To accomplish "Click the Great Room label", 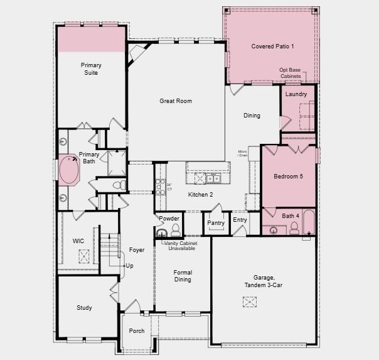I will [176, 101].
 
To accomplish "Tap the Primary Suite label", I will [90, 68].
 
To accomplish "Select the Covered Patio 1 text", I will [272, 46].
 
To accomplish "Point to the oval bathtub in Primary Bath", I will [68, 169].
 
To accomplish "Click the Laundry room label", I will [296, 94].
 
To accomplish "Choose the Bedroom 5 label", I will [288, 177].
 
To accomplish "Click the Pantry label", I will [216, 223].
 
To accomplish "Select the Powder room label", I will [169, 218].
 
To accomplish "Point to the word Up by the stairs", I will [129, 266].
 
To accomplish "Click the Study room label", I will [84, 308].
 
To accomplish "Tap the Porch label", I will [136, 331].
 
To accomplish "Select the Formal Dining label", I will [183, 276].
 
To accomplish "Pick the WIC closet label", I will [78, 241].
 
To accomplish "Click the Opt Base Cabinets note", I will [291, 73].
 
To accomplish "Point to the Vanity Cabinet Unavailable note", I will [181, 245].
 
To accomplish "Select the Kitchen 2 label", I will [201, 195].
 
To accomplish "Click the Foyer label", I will [137, 250].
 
